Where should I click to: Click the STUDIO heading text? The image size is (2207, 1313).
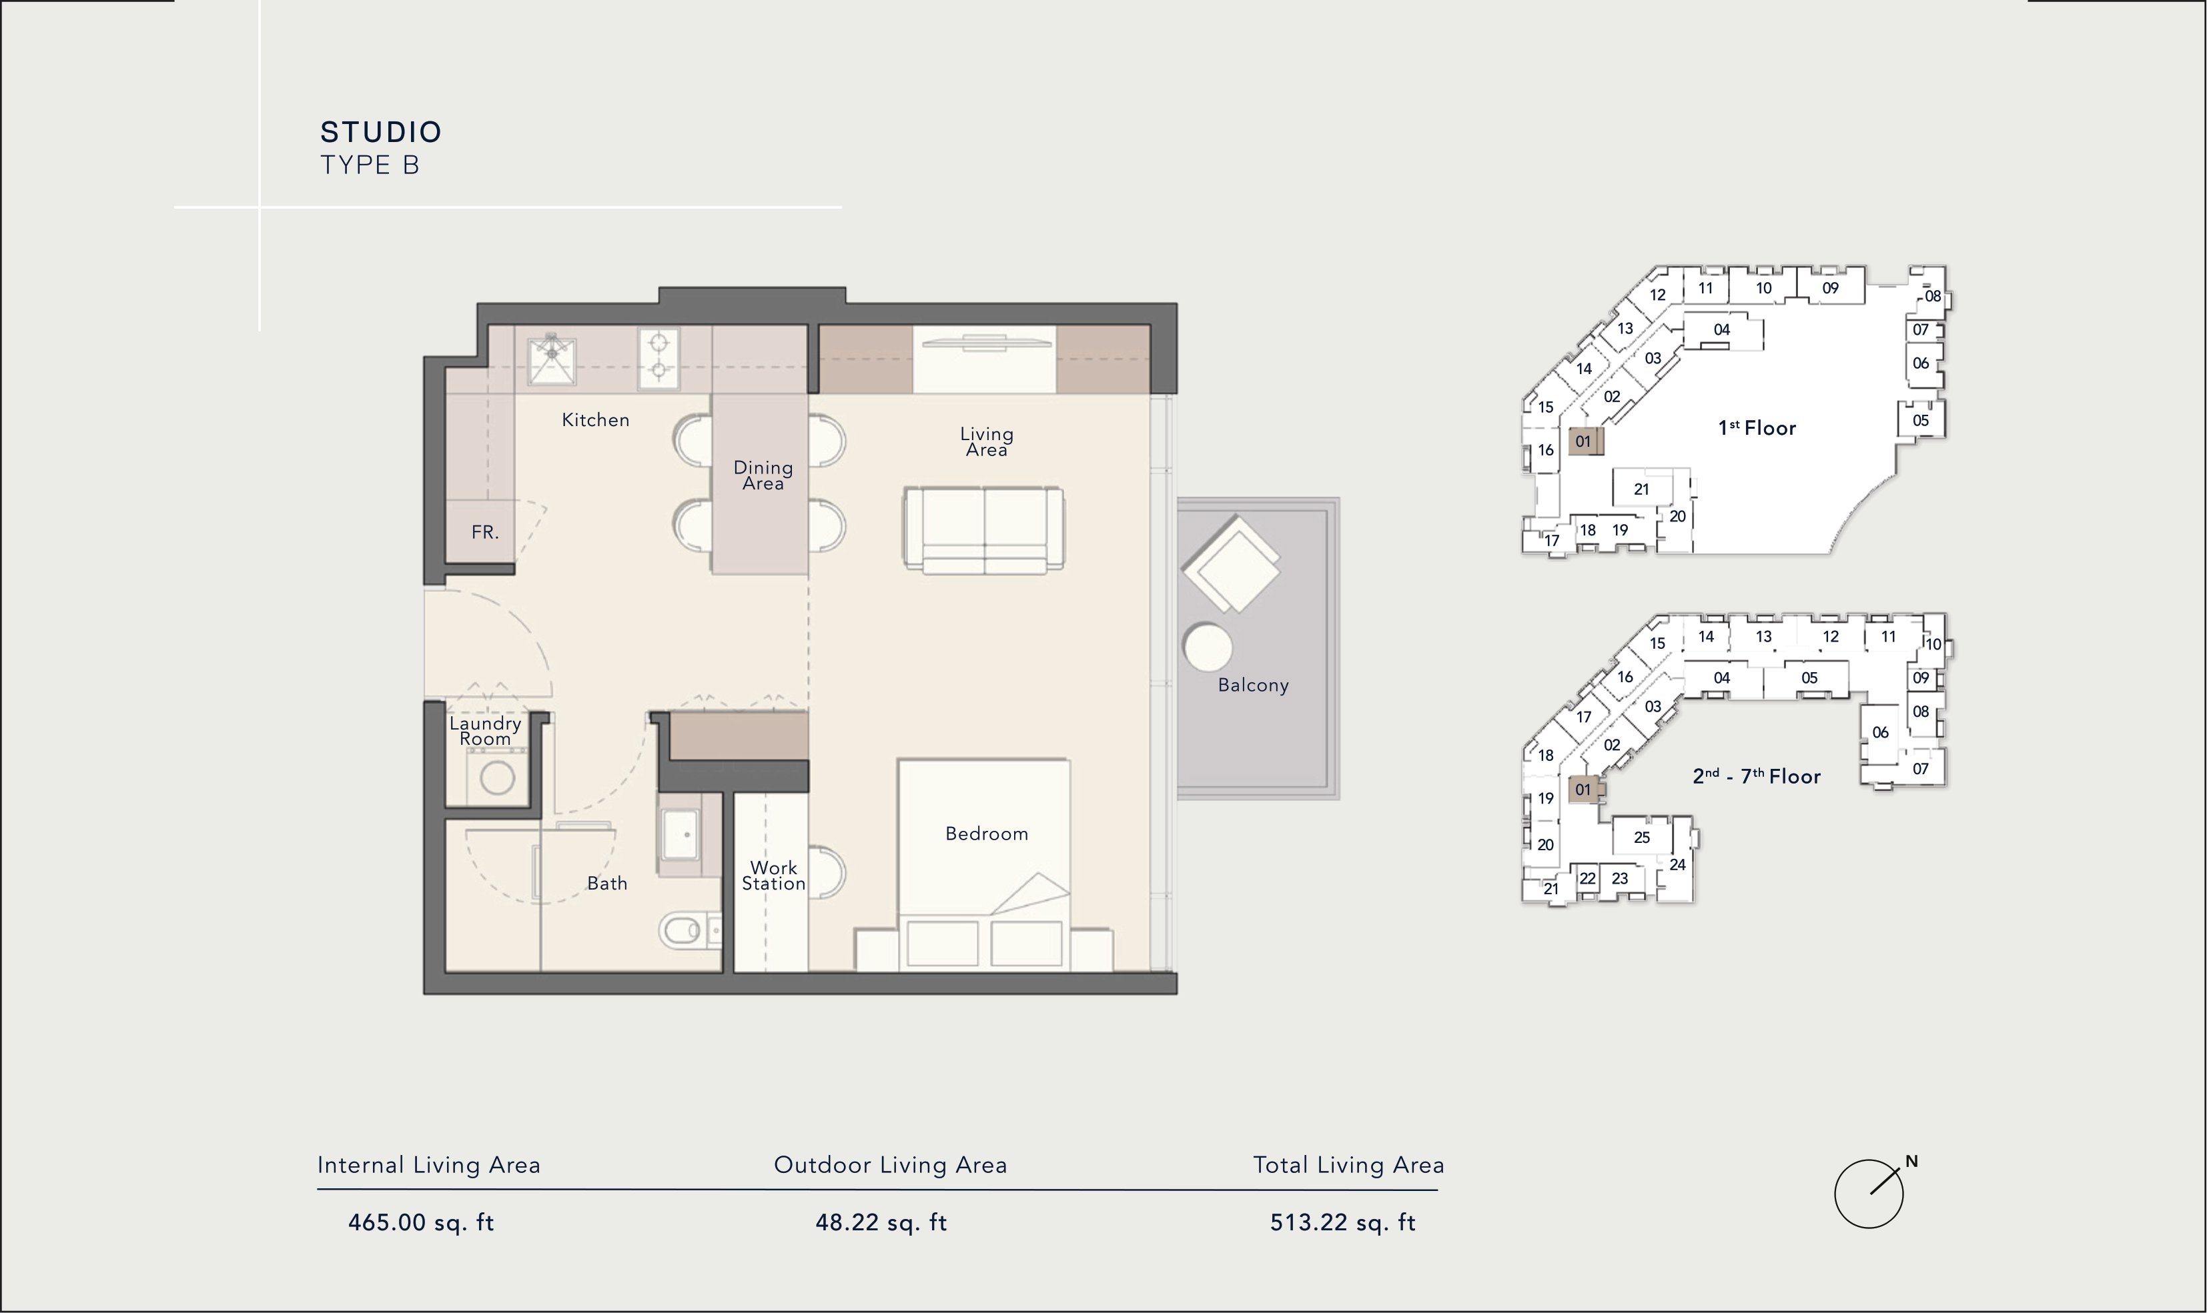[380, 133]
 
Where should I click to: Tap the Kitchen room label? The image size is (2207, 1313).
[596, 420]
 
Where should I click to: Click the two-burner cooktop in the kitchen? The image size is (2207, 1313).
[659, 359]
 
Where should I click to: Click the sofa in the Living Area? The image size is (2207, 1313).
[983, 529]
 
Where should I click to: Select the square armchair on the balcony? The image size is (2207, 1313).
[1232, 565]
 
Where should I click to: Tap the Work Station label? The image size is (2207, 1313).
[773, 875]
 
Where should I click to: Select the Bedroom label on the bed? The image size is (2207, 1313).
[987, 834]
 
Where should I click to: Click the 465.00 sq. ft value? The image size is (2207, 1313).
[421, 1223]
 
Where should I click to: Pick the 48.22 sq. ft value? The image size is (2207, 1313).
[881, 1223]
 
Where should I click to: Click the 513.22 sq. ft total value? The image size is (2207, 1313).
[1343, 1223]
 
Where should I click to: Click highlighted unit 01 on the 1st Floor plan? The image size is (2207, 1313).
[1584, 441]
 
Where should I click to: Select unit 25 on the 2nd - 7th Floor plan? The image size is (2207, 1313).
[1641, 838]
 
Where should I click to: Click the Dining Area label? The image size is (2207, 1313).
[763, 475]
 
